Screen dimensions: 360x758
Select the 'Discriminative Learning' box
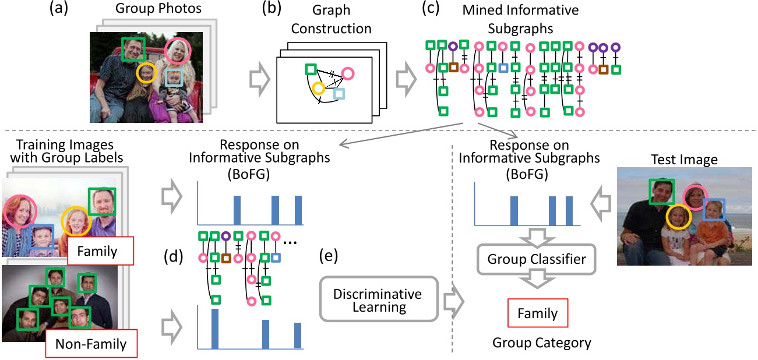coord(379,299)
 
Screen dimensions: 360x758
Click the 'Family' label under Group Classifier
coord(537,314)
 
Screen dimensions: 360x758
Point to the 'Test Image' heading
coord(683,160)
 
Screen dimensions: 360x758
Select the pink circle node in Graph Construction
coord(348,73)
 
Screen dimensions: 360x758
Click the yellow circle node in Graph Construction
coord(318,89)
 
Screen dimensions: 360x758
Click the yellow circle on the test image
coord(678,216)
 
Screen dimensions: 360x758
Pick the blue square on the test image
coord(714,209)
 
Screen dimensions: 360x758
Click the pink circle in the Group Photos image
coord(177,51)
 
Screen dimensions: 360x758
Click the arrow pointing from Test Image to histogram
coord(601,205)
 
